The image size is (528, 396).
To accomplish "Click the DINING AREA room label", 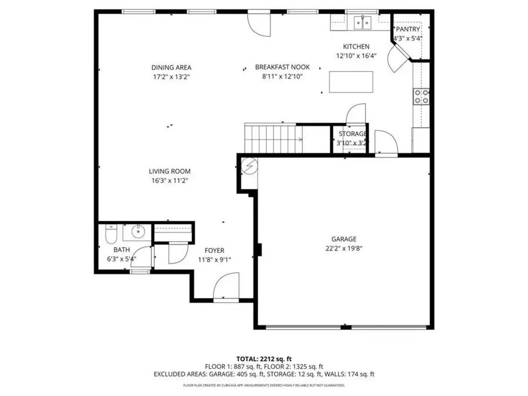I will (171, 67).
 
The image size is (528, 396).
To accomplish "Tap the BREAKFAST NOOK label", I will (282, 67).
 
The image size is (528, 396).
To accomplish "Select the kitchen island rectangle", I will (351, 82).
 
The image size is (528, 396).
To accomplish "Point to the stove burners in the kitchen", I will (421, 96).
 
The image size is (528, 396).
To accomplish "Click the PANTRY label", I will (407, 29).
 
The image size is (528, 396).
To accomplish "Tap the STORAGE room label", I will (351, 134).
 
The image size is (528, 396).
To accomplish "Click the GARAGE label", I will (344, 239).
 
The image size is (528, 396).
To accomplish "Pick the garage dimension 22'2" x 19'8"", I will (344, 248).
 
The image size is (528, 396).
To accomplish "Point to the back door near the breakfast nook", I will (258, 22).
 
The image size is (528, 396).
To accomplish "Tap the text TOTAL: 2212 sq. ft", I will (263, 358).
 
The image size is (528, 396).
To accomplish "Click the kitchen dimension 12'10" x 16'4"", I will (356, 56).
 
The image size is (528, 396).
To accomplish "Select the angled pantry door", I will (400, 58).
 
